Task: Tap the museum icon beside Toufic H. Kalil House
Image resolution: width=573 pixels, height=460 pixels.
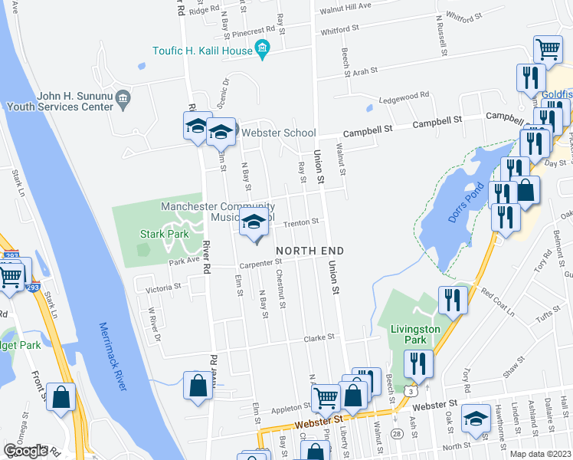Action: [x=263, y=50]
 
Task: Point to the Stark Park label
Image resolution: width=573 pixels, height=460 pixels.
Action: [x=159, y=234]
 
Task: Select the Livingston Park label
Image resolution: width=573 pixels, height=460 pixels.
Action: [x=414, y=334]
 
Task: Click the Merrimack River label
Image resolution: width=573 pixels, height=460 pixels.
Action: [x=112, y=357]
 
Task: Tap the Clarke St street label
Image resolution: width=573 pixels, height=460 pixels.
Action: [x=320, y=337]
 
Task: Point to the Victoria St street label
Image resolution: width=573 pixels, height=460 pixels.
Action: [x=163, y=287]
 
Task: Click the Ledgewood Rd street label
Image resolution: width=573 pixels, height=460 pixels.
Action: [x=403, y=96]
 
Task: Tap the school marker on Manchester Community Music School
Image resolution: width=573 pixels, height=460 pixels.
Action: [x=254, y=223]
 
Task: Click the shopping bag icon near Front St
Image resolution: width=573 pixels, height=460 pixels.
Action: [x=61, y=397]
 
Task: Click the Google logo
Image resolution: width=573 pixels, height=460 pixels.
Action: [x=26, y=451]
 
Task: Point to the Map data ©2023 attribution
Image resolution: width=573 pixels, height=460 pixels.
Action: [x=541, y=454]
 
